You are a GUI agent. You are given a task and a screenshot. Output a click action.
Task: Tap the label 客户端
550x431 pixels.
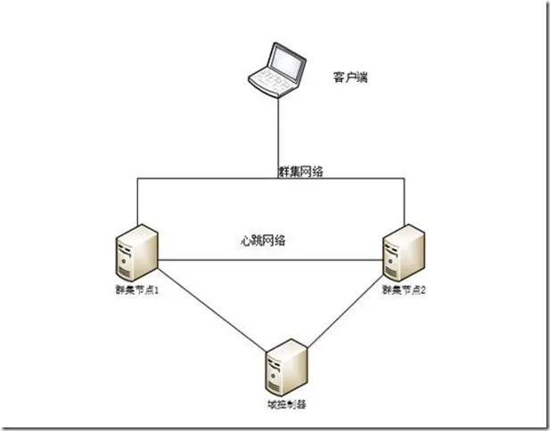point(351,78)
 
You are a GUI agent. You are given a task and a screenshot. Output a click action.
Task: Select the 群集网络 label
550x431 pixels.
point(299,169)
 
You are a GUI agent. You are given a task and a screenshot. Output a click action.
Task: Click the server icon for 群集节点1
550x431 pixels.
point(136,253)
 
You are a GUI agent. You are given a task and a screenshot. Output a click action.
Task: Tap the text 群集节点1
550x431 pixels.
point(136,291)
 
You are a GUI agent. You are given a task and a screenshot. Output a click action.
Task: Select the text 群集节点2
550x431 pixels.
point(404,291)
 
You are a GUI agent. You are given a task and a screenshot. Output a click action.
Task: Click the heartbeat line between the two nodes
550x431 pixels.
point(267,259)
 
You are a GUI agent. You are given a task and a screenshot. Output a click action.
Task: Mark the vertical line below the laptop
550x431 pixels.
point(279,134)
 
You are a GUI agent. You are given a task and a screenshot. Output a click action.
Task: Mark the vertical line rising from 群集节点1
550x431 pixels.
point(136,200)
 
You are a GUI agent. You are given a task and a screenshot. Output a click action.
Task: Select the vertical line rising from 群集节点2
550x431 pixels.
point(406,200)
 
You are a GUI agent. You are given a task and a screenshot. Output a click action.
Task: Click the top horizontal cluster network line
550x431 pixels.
point(205,178)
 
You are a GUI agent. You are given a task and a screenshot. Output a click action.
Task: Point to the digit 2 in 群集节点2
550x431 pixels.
point(423,291)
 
